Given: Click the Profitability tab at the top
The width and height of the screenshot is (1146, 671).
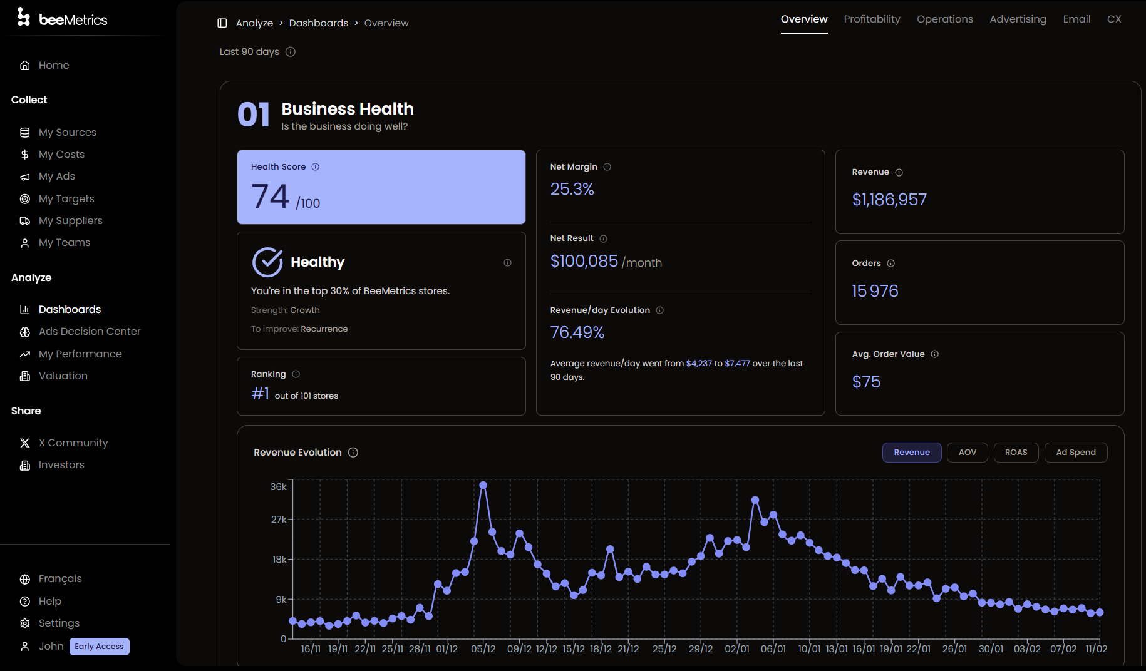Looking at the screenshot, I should click(x=872, y=19).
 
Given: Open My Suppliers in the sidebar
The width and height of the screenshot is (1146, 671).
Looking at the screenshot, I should click(x=70, y=221).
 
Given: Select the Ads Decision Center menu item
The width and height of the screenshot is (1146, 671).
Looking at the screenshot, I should click(x=90, y=332).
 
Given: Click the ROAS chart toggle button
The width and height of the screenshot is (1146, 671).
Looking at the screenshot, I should click(x=1016, y=453).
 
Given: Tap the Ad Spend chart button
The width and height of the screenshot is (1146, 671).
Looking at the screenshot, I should click(x=1075, y=453).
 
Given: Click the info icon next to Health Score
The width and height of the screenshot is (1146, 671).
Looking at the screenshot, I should click(x=316, y=167).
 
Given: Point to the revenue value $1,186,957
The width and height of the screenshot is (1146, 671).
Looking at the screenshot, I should click(x=889, y=200).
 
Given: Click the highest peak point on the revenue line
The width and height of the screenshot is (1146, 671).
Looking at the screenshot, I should click(x=483, y=485).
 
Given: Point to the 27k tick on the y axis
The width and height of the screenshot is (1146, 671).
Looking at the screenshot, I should click(x=279, y=520).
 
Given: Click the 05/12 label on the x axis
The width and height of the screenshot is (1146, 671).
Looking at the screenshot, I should click(x=483, y=649).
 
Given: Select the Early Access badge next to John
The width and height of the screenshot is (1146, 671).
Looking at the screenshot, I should click(x=99, y=647).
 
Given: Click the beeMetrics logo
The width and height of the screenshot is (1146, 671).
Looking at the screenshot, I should click(x=63, y=19).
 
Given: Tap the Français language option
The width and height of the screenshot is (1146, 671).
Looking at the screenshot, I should click(x=60, y=579).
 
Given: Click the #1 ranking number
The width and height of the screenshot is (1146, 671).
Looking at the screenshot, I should click(x=260, y=394).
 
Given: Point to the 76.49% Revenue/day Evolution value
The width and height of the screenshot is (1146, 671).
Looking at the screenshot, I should click(x=577, y=332).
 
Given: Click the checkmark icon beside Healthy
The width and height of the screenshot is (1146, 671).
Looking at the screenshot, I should click(x=267, y=262).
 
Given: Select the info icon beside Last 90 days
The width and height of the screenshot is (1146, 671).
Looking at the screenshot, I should click(x=291, y=52).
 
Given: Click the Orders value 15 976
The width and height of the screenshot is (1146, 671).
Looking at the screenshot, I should click(x=875, y=291).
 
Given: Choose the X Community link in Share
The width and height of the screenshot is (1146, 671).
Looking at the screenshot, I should click(x=73, y=443).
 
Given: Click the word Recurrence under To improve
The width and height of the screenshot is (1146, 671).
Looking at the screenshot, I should click(x=324, y=329).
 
